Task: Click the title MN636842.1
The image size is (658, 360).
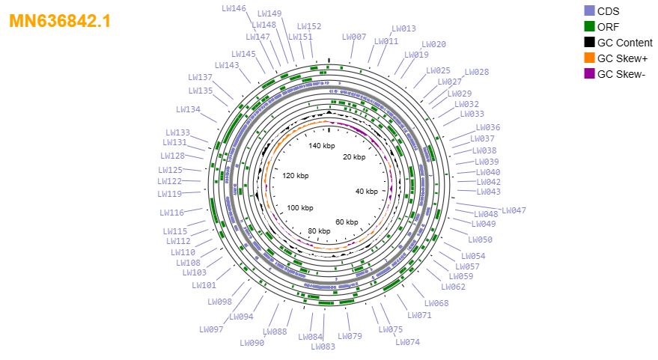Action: (x=60, y=21)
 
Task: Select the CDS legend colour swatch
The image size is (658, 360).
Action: (x=589, y=11)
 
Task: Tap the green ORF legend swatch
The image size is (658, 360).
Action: (x=589, y=26)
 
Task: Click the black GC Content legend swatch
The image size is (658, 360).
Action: (x=589, y=43)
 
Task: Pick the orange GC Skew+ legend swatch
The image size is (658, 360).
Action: (x=589, y=58)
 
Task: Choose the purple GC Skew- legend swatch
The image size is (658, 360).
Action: (x=589, y=74)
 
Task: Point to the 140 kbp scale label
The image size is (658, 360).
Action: (x=322, y=146)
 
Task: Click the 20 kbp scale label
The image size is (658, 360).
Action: (x=354, y=157)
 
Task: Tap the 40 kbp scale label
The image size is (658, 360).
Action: (x=367, y=192)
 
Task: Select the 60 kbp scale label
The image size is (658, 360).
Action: (x=347, y=222)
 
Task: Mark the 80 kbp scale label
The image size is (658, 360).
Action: (x=319, y=231)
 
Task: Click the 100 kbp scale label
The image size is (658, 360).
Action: (x=300, y=208)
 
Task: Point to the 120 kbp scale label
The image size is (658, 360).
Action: (x=296, y=175)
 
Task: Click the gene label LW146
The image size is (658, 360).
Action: (x=234, y=8)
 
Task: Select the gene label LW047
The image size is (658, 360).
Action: (x=514, y=210)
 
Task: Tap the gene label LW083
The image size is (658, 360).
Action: (x=323, y=347)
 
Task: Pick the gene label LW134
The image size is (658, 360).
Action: (x=188, y=109)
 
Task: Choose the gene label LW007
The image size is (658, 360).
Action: (x=354, y=37)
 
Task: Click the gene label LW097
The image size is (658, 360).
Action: (x=212, y=329)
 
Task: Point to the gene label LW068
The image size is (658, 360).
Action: (x=436, y=303)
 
